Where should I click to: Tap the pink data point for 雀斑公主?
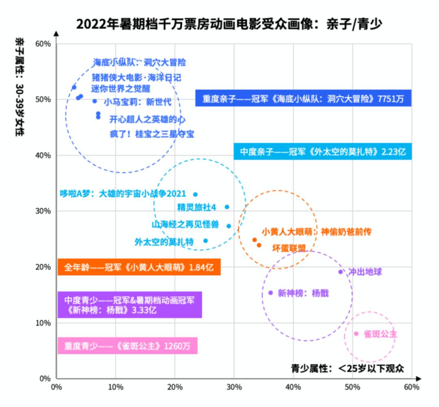pos(356,334)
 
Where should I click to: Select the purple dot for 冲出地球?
pos(341,272)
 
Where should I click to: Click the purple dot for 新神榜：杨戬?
pos(270,293)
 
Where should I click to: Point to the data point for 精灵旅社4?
pos(227,207)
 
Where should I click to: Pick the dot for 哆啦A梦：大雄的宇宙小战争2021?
pos(195,194)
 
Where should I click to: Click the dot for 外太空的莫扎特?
pos(205,241)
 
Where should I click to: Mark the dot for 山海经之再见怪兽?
pos(228,226)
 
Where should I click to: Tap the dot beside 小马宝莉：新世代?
pos(95,101)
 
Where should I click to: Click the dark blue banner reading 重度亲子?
pos(303,98)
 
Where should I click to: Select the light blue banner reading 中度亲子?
pos(323,151)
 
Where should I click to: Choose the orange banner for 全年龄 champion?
pos(139,267)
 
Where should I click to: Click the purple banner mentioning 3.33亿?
pos(130,305)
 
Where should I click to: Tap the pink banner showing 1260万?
pos(127,346)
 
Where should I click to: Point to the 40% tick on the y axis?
pos(42,155)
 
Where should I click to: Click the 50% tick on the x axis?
pos(352,387)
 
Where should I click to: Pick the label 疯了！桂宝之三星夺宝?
pos(152,134)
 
